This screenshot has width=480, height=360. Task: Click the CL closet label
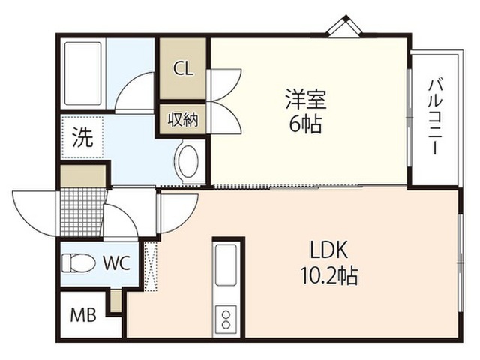[183, 68]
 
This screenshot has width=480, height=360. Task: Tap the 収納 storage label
[183, 119]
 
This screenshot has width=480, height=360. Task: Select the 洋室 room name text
[306, 99]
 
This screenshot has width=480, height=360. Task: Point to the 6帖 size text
[305, 124]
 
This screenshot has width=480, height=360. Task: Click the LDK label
[329, 250]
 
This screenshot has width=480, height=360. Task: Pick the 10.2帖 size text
[329, 275]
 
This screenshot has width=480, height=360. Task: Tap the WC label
[117, 262]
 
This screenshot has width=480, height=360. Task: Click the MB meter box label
[83, 315]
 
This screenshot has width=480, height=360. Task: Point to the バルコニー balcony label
[435, 117]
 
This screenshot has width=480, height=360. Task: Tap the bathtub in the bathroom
[82, 73]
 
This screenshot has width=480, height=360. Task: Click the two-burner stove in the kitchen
[226, 319]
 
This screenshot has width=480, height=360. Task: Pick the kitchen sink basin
[226, 265]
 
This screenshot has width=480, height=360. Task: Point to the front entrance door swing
[34, 213]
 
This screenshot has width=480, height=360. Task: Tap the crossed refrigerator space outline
[151, 266]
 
